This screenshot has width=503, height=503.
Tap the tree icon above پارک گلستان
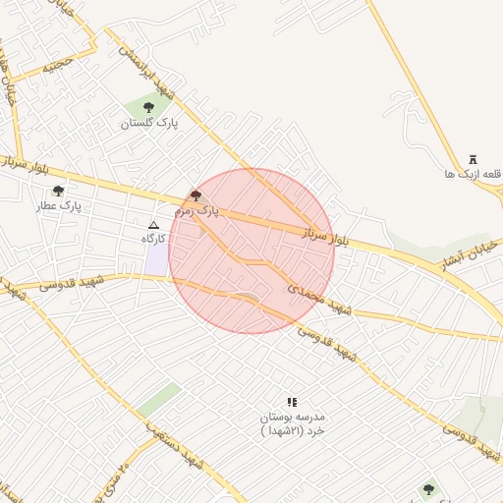[148, 107]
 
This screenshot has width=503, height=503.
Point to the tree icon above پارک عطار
[58, 192]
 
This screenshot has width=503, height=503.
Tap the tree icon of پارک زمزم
[195, 196]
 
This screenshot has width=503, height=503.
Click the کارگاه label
[151, 239]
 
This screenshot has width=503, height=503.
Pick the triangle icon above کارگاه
[152, 225]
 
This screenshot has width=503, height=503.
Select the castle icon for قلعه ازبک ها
[473, 158]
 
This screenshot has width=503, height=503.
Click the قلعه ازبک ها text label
[473, 174]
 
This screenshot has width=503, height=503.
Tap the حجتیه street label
[57, 67]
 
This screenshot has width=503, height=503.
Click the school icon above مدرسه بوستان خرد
[291, 402]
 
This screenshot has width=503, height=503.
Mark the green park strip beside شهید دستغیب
[158, 399]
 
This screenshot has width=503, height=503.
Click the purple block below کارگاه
[156, 259]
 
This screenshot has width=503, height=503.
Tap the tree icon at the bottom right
[427, 488]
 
